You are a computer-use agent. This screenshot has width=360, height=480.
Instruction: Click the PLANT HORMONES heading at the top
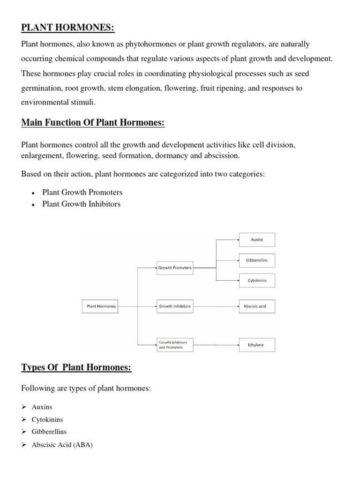click(68, 28)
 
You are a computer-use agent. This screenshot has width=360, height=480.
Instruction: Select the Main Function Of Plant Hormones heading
click(93, 123)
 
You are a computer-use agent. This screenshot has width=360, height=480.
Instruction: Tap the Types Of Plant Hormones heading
click(76, 367)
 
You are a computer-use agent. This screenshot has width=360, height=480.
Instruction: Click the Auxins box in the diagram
click(257, 240)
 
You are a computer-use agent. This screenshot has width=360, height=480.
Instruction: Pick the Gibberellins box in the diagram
click(257, 260)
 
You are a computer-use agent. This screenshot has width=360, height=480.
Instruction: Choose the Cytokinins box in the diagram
click(257, 281)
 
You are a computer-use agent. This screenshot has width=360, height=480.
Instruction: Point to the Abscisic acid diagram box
click(257, 307)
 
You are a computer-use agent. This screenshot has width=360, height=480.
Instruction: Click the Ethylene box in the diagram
click(257, 345)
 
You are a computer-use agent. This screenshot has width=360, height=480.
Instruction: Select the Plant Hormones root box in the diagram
click(100, 307)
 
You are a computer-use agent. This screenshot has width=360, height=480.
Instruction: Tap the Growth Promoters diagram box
click(174, 268)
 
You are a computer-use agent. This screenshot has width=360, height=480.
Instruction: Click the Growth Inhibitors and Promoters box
click(174, 345)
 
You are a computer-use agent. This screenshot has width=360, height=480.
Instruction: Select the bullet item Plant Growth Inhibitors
click(81, 204)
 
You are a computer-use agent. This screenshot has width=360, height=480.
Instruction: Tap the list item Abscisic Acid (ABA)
click(62, 445)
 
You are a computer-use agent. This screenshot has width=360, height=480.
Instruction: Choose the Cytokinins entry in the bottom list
click(47, 420)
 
